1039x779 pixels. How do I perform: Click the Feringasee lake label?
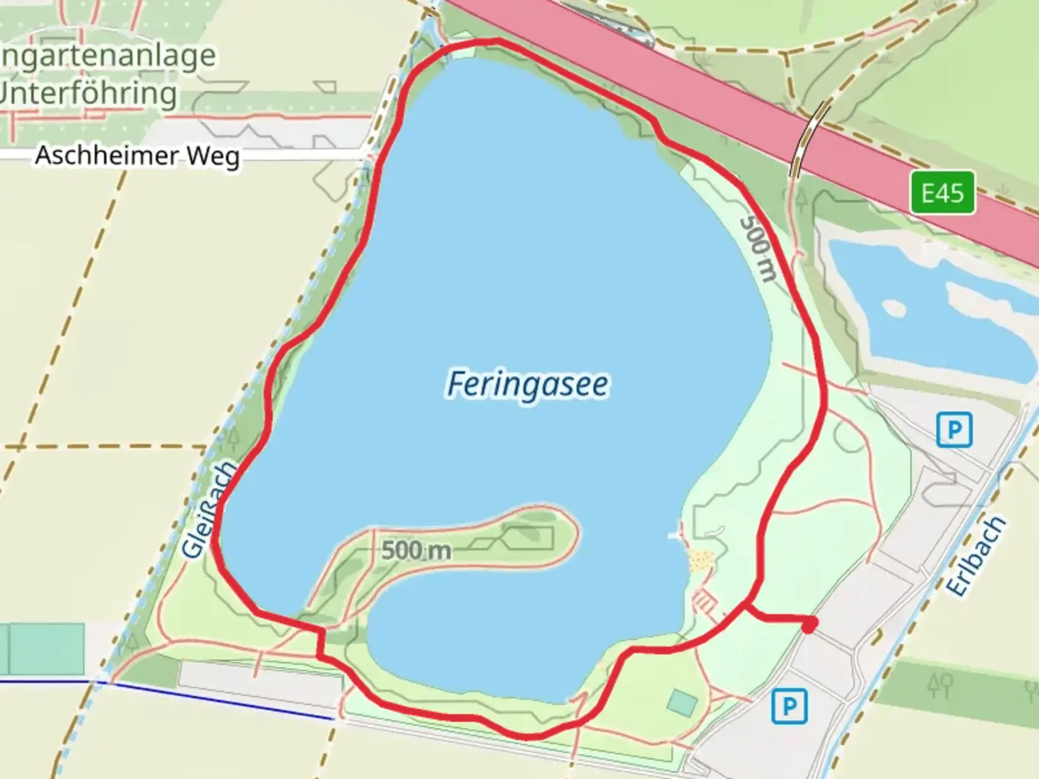coord(527,384)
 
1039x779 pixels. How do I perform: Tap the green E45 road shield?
coord(942,193)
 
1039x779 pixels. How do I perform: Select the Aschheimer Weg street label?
coord(137,155)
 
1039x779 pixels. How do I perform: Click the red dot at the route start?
coord(810,624)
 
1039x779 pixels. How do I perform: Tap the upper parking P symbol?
coord(954,430)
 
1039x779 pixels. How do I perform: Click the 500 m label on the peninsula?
coord(416,550)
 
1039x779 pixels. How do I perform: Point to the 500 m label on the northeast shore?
coord(758,249)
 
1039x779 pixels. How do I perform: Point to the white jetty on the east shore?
coord(676,534)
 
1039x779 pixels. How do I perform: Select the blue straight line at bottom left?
coord(216,699)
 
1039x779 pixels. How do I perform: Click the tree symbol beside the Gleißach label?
coord(232,439)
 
